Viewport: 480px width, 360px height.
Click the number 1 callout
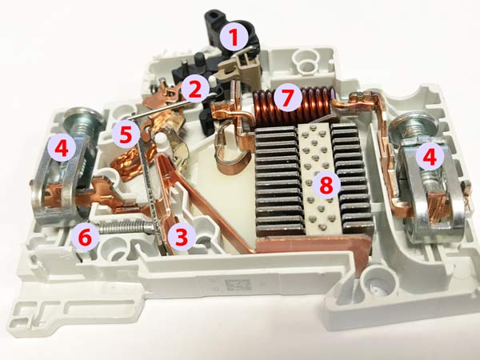(x=234, y=38)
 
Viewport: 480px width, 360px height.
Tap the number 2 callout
(x=194, y=89)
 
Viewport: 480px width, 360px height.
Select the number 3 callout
(x=182, y=236)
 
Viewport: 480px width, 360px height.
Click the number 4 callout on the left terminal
(x=62, y=149)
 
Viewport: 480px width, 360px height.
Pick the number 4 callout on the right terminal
(x=430, y=157)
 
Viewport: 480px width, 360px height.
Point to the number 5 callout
(x=126, y=134)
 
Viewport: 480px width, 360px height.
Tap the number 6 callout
(x=85, y=238)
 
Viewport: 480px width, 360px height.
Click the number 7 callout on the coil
(x=286, y=97)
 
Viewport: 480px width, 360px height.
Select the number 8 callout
(x=326, y=185)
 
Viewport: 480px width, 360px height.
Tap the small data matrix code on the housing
(x=238, y=285)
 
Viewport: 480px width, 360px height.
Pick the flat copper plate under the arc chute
(x=312, y=245)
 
